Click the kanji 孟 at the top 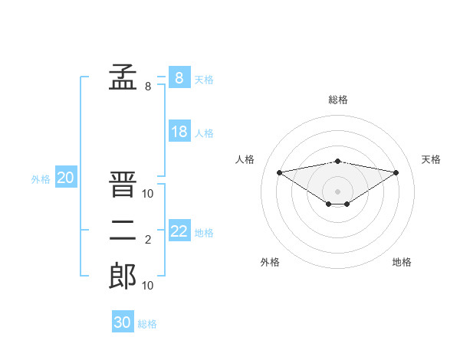coord(123,77)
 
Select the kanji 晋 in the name coord(123,184)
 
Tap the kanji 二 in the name coord(123,231)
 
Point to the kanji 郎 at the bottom coord(123,276)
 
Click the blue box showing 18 coord(179,130)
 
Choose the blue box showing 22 coord(179,230)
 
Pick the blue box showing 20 coord(66,176)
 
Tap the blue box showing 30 coord(123,321)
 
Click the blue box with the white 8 coord(179,77)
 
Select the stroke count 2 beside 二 coord(148,240)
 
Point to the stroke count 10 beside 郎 coord(147,285)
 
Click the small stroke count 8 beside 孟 coord(148,87)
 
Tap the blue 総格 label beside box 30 coord(147,324)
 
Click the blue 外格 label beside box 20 coord(41,179)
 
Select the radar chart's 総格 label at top coord(338,100)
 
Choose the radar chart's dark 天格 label coord(431,159)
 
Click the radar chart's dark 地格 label coord(402,262)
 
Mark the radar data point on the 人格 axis coord(279,172)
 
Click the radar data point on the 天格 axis coord(396,172)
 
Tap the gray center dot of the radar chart coord(337,191)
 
